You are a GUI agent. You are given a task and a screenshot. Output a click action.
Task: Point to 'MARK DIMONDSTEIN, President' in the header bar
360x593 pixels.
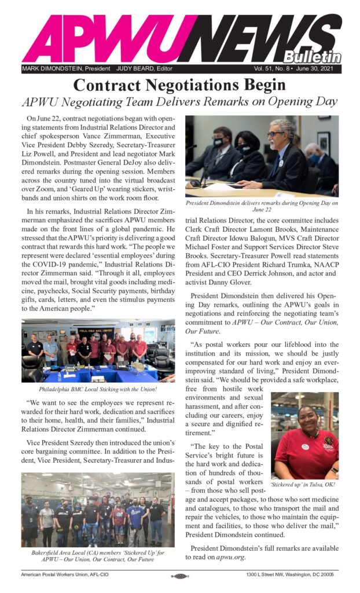point(66,69)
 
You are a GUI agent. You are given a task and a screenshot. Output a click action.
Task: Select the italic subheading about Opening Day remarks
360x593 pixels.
point(179,102)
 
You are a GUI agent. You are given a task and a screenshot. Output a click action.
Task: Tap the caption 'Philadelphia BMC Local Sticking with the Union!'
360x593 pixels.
point(98,389)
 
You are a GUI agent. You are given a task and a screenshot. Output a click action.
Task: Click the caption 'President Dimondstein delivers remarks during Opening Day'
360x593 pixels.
point(262,206)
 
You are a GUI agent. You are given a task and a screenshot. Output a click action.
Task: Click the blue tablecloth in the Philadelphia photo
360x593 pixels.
point(93,372)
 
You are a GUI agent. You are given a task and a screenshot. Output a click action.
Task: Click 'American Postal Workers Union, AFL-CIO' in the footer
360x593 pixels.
point(68,576)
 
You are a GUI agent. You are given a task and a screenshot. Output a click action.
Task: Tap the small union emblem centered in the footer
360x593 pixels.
point(179,576)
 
